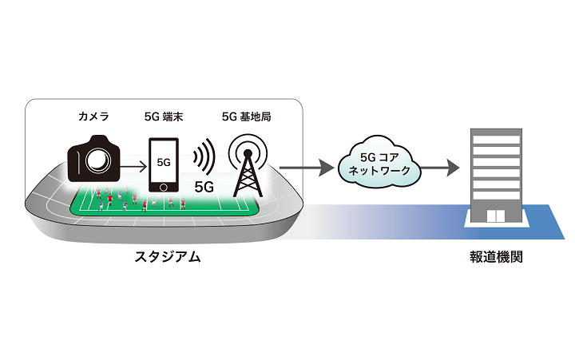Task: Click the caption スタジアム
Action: [166, 257]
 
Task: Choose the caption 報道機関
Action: [496, 257]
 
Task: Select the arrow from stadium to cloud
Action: [305, 168]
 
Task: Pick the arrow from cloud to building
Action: [438, 168]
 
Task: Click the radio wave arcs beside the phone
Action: [205, 156]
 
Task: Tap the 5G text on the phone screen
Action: [165, 161]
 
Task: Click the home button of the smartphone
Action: [165, 187]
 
